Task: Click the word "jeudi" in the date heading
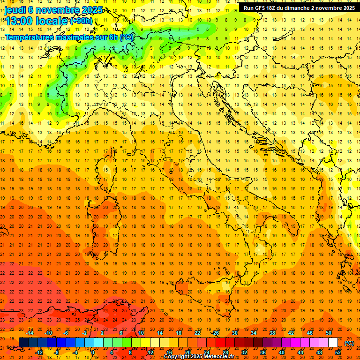click(x=15, y=10)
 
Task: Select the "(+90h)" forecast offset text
click(x=81, y=21)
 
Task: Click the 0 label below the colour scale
click(x=93, y=352)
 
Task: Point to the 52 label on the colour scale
click(x=338, y=352)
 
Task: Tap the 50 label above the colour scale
click(x=329, y=333)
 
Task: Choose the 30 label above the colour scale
click(x=234, y=333)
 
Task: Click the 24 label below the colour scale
click(x=206, y=352)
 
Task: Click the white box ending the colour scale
click(x=333, y=343)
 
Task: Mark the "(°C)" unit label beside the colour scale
click(x=349, y=343)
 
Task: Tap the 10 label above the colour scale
click(x=141, y=333)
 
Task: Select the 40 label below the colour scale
click(x=281, y=352)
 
